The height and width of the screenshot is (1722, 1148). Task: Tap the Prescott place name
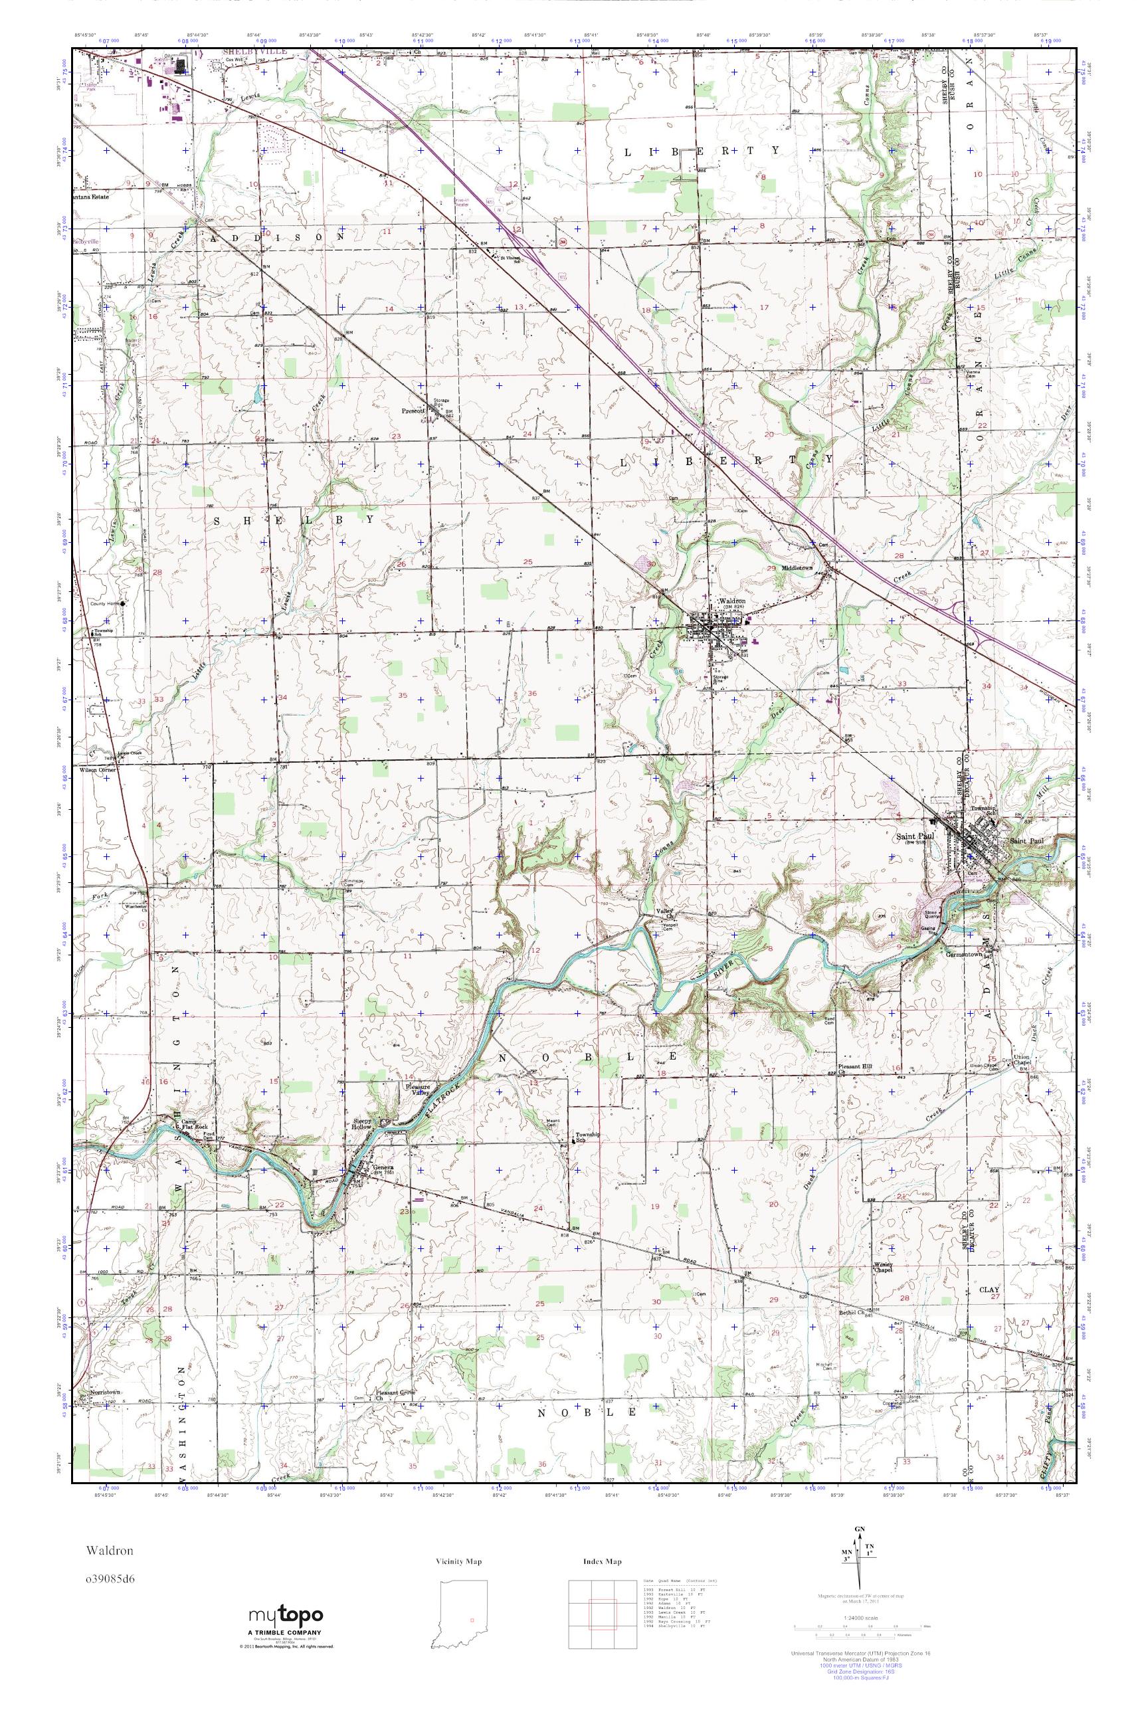414,411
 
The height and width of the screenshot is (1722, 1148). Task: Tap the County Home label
103,604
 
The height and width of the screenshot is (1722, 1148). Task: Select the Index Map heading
602,1562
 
